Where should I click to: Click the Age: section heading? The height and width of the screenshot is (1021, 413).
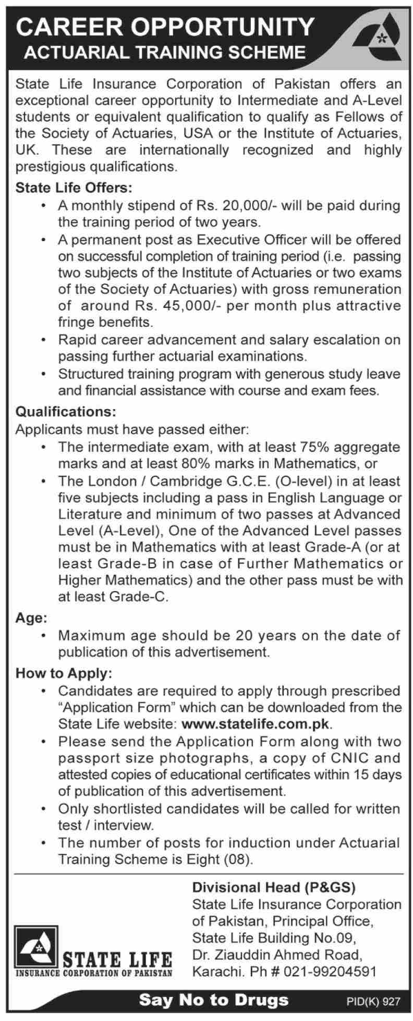tap(31, 619)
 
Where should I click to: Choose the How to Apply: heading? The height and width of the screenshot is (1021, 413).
tap(64, 673)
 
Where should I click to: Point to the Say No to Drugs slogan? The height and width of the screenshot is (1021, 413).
tap(214, 999)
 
